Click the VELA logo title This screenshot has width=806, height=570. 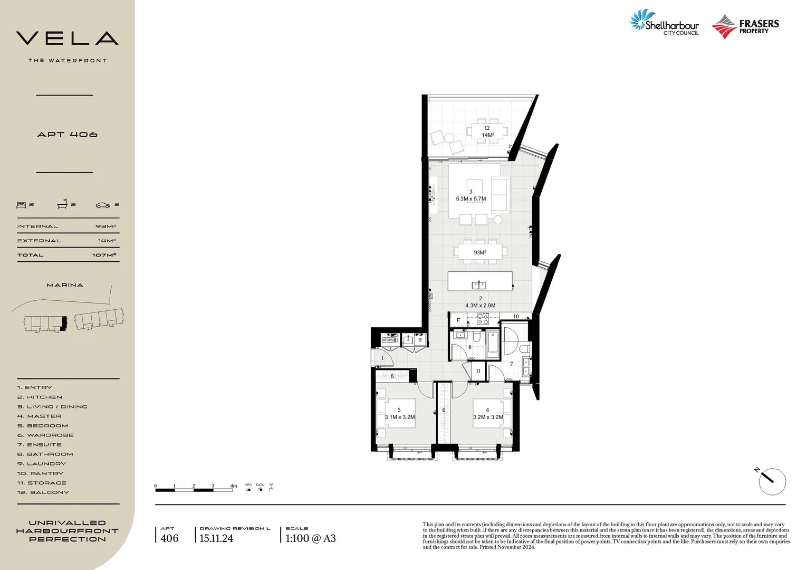coord(67,39)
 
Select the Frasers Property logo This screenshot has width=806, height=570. coord(745,26)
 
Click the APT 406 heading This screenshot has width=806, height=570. coord(67,135)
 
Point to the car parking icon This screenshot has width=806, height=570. coord(103,205)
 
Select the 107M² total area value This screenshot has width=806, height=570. coord(104,255)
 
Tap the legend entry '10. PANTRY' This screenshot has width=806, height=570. coord(40,473)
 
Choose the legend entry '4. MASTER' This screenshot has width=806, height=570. coord(39,416)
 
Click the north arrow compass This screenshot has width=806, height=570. coord(772,481)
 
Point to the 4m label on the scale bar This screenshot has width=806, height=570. coord(233,486)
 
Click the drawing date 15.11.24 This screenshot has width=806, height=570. coord(216,538)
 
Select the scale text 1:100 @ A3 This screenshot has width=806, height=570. coord(310,538)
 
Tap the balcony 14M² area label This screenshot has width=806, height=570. coord(487,135)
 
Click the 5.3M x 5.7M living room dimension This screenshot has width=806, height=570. coord(471,199)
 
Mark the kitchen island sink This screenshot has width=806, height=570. coord(479,285)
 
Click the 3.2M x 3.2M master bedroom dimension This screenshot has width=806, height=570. coord(488,417)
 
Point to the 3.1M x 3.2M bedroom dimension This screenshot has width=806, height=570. coord(399,417)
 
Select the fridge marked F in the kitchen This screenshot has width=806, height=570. coord(458,320)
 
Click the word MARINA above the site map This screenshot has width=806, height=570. coord(65,285)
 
